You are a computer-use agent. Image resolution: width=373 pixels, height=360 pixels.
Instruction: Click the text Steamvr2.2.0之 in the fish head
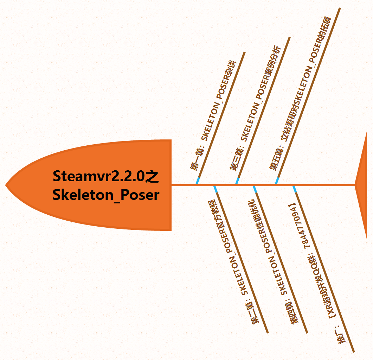tap(106, 176)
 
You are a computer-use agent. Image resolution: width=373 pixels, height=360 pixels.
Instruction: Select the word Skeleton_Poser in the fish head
tap(106, 194)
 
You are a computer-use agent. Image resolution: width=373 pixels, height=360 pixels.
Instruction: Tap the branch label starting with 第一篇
tap(213, 116)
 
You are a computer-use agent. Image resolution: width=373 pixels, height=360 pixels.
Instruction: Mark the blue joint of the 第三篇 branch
tap(237, 181)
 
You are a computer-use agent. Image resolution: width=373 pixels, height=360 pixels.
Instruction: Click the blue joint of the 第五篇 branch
tap(277, 181)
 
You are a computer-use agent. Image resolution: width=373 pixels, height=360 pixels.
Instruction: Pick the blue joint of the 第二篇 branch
tap(216, 189)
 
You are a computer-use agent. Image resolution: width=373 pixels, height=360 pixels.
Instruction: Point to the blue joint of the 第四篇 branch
tap(255, 189)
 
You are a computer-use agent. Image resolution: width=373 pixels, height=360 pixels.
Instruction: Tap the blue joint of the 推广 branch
tap(295, 189)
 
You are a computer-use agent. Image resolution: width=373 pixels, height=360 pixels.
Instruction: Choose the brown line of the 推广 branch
tap(334, 292)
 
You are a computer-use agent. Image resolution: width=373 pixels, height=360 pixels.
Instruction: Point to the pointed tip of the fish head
tap(7, 184)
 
